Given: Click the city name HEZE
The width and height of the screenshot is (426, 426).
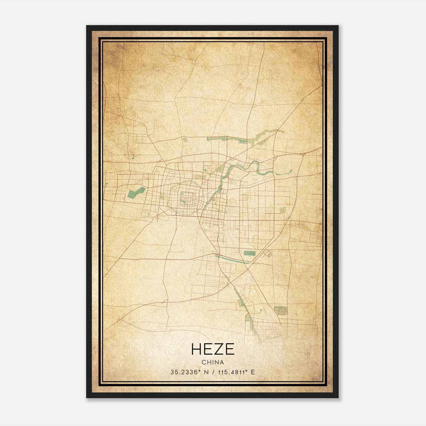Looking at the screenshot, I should tap(213, 349).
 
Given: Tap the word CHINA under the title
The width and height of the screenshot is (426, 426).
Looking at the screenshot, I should tap(213, 362).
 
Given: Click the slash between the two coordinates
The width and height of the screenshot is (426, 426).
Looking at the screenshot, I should tap(213, 372).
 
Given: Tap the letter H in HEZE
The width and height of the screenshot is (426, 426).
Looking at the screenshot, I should tap(196, 349).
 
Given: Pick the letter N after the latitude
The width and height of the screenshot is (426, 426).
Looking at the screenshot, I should tap(206, 372).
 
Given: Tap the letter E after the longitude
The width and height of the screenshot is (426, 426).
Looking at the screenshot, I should tap(253, 372).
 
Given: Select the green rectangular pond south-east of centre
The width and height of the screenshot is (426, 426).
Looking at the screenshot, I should tap(249, 253).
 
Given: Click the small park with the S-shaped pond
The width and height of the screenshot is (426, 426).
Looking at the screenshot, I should tap(281, 310).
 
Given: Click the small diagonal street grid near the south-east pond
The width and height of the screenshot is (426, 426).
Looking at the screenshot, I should tap(267, 254).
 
